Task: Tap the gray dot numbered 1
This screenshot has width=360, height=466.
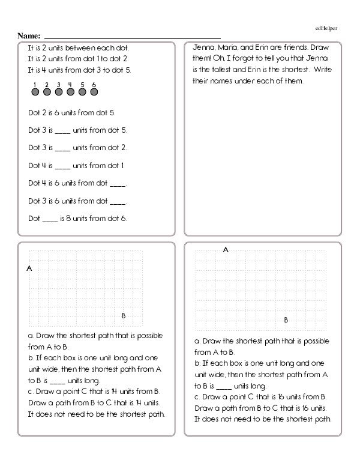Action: (x=35, y=92)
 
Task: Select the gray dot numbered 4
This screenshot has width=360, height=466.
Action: (x=70, y=92)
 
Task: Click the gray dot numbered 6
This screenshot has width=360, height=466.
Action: (x=94, y=92)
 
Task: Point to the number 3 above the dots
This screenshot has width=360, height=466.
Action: (x=59, y=84)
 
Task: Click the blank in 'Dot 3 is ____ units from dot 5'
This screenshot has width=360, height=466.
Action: (x=62, y=130)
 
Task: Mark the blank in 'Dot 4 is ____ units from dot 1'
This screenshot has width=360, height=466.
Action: (x=62, y=165)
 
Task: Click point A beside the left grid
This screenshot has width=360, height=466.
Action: (x=29, y=268)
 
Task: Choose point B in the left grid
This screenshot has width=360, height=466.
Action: (x=124, y=315)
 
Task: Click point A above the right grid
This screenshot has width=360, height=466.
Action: (x=226, y=249)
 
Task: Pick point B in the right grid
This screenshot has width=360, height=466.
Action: (x=286, y=319)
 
